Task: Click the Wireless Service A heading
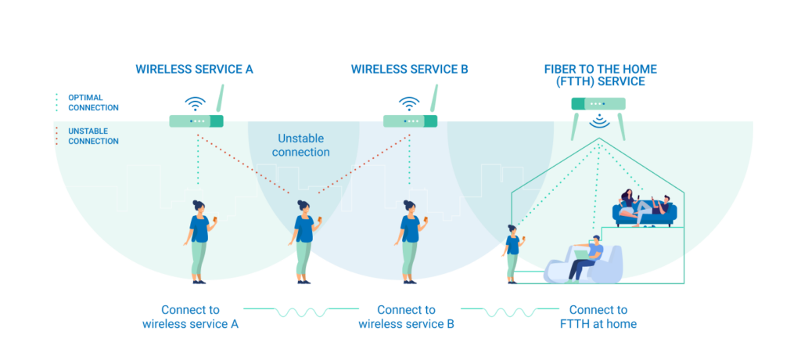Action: tap(194, 69)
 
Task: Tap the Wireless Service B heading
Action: tap(409, 69)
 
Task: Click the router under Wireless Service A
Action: tap(196, 121)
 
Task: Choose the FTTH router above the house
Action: tap(598, 103)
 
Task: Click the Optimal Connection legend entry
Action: tap(92, 102)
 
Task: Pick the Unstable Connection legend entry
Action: tap(92, 136)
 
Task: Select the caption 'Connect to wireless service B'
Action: tap(406, 316)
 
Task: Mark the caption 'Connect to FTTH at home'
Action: tap(598, 316)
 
